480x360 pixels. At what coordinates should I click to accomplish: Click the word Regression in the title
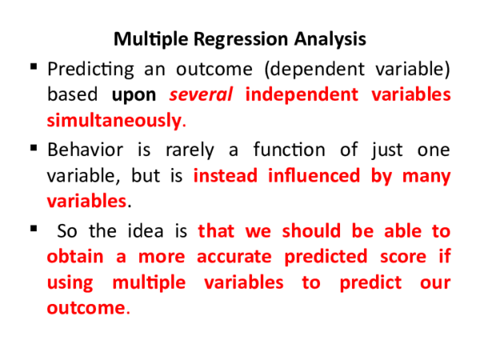click(223, 39)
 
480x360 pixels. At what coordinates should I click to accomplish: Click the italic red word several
click(201, 94)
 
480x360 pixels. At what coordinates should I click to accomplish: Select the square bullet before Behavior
click(34, 147)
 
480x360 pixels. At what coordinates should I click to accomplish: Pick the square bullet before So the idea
click(34, 230)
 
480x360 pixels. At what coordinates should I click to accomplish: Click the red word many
click(426, 176)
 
